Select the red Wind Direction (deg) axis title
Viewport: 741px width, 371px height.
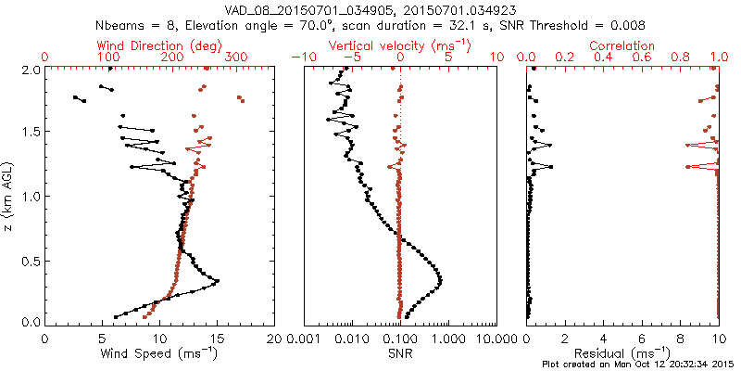coord(158,45)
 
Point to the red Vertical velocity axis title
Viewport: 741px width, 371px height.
coord(400,45)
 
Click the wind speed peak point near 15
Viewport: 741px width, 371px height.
coord(218,281)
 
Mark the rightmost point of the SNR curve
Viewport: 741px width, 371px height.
coord(439,280)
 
